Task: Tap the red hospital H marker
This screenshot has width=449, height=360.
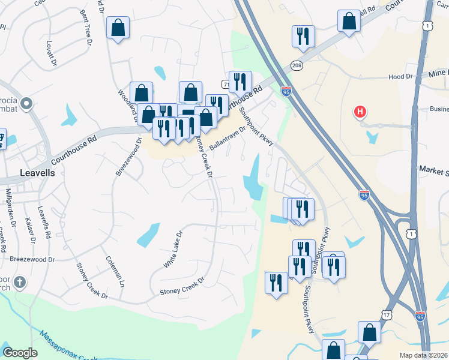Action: click(x=360, y=112)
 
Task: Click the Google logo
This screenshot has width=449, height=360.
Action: click(x=20, y=352)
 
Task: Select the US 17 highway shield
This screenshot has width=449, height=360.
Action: click(x=386, y=314)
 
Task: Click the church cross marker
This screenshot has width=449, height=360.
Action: click(x=20, y=282)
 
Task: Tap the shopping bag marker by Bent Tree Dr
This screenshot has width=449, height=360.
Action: click(x=118, y=28)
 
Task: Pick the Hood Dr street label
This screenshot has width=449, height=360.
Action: click(x=401, y=77)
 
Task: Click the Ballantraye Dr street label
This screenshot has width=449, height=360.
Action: click(x=228, y=138)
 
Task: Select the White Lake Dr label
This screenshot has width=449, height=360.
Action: click(x=172, y=249)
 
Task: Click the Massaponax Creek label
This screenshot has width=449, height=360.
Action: click(x=69, y=346)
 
